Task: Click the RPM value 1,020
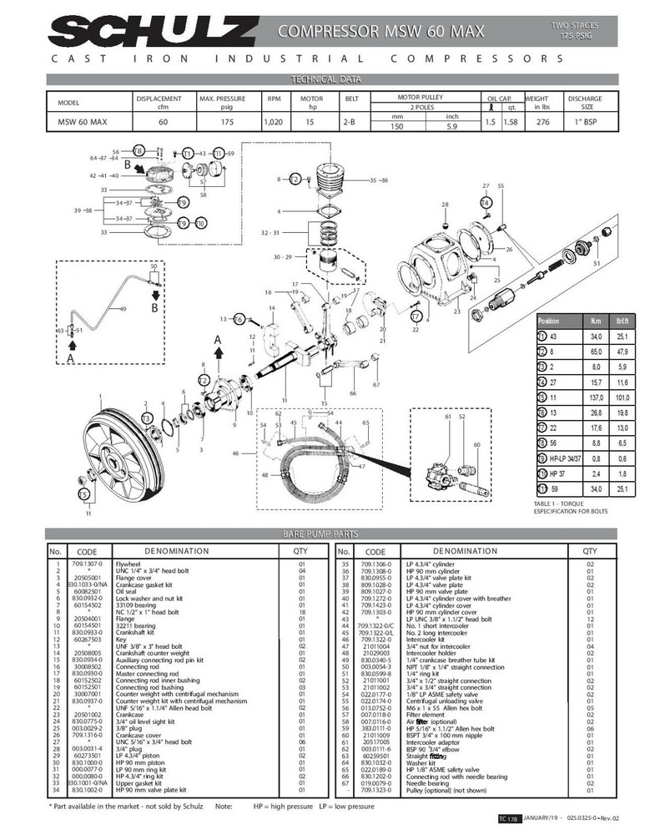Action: coord(273,122)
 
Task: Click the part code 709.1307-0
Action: coord(87,564)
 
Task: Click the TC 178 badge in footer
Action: coord(508,820)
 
